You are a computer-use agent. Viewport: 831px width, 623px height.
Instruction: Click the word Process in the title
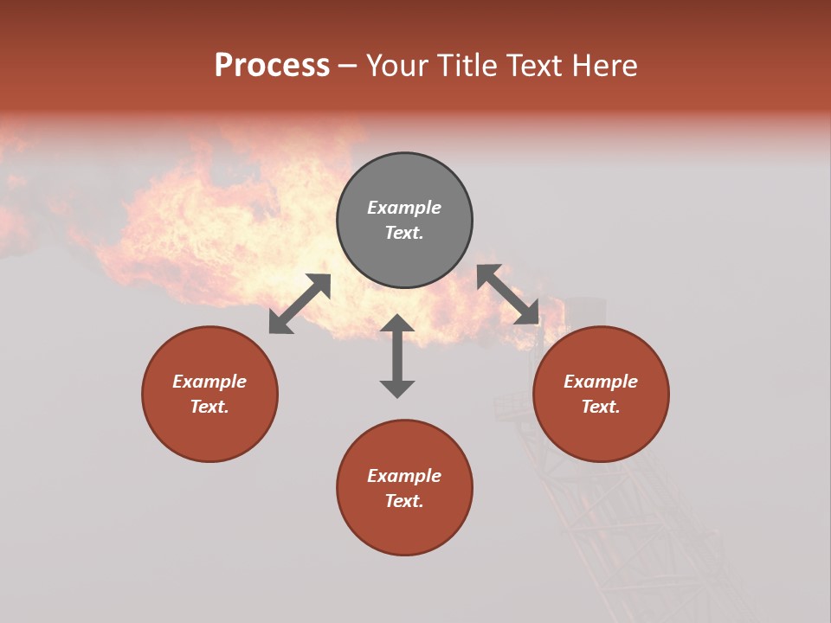click(x=272, y=66)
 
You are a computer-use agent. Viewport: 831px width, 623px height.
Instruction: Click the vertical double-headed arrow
click(x=397, y=356)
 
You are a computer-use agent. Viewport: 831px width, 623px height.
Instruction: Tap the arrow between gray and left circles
click(x=300, y=304)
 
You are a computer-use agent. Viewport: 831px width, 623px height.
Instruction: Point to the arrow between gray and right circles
click(x=508, y=294)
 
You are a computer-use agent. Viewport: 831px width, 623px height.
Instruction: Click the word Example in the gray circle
click(x=404, y=208)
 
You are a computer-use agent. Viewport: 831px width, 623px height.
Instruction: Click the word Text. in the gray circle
click(x=404, y=233)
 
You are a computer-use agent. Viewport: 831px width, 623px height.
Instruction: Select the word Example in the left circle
click(x=209, y=382)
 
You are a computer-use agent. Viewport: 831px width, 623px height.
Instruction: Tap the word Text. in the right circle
click(x=601, y=407)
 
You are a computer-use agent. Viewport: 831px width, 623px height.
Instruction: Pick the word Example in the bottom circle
click(x=404, y=476)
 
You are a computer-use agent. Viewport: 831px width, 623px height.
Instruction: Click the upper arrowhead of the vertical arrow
click(x=397, y=323)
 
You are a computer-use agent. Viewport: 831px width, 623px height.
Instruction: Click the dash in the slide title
click(x=348, y=67)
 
